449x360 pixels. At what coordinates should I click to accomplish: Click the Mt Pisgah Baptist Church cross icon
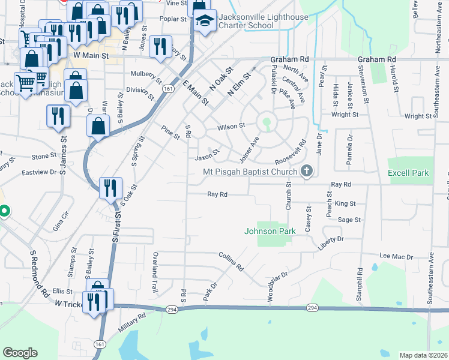tap(307, 172)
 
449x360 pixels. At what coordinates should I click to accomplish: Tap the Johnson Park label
tap(270, 231)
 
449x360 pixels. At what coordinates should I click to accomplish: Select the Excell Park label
tap(408, 173)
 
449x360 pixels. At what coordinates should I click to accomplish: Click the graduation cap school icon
tap(205, 21)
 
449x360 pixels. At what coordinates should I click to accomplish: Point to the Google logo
tap(20, 353)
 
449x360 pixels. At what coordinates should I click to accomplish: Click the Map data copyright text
tap(423, 355)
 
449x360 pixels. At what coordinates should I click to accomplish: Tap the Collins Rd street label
tap(231, 259)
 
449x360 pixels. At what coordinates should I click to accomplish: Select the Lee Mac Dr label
tap(397, 256)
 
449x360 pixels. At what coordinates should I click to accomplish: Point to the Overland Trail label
tap(155, 273)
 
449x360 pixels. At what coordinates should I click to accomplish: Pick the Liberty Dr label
tap(331, 239)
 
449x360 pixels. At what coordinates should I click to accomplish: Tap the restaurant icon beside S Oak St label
tap(111, 187)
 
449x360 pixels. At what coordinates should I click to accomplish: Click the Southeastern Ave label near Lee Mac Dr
tap(430, 277)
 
